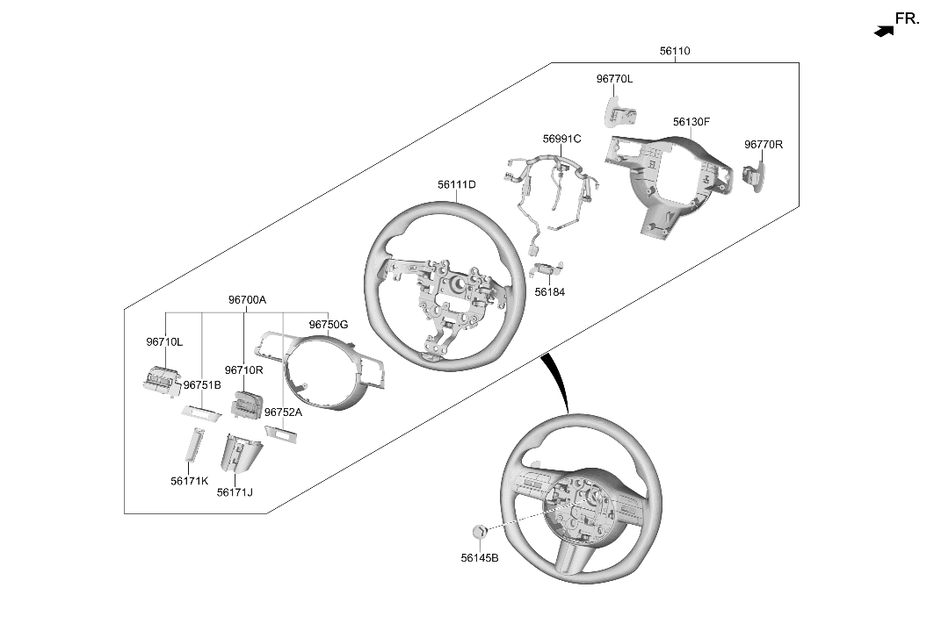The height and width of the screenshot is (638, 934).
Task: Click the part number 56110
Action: click(x=674, y=51)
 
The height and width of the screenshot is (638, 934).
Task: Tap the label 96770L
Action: click(x=615, y=79)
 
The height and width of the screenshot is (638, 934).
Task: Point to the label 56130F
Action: click(x=691, y=122)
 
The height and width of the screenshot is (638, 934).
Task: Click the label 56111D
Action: click(x=457, y=185)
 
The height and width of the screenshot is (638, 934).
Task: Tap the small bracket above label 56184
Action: click(x=547, y=269)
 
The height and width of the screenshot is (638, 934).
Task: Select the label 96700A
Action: click(x=247, y=300)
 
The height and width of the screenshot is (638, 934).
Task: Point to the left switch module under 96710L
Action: click(x=162, y=378)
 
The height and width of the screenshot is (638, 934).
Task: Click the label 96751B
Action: click(x=202, y=385)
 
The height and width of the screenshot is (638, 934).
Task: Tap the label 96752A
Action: click(x=284, y=412)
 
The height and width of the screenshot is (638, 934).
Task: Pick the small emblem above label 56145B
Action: click(x=480, y=532)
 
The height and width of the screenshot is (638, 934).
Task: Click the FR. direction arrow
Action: click(x=884, y=31)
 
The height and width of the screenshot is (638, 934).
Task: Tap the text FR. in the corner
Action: click(x=907, y=19)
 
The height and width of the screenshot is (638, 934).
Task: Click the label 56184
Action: click(x=550, y=292)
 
